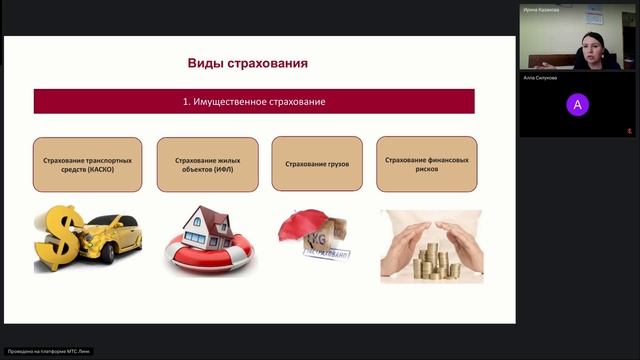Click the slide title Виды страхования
tap(247, 63)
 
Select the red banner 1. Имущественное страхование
tap(254, 102)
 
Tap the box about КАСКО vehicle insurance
tap(87, 164)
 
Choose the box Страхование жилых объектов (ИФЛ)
tap(202, 164)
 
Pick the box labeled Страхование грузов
tap(316, 164)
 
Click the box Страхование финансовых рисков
tap(426, 164)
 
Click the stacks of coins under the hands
tap(432, 258)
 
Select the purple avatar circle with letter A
tap(577, 104)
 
